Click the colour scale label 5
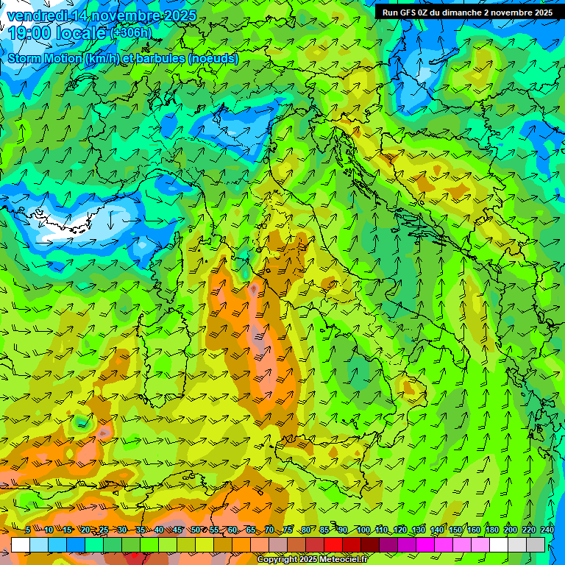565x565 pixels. [28, 530]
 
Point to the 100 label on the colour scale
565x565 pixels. [363, 530]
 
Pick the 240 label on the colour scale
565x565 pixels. [547, 530]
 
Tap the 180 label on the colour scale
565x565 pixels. [492, 530]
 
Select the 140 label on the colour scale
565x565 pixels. [437, 530]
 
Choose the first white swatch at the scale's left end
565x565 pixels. [21, 544]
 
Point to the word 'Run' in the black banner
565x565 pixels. [390, 13]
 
